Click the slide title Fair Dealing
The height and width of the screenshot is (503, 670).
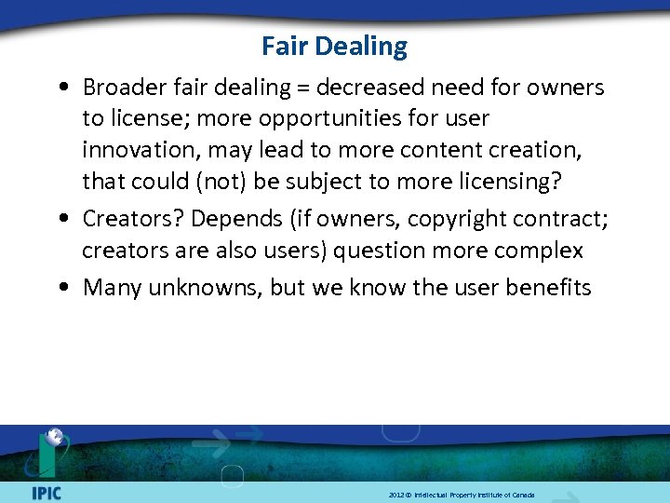[x=334, y=47]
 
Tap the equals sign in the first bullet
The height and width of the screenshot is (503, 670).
[x=303, y=88]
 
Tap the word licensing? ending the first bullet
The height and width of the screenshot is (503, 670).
[x=508, y=181]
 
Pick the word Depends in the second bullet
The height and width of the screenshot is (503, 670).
[x=224, y=219]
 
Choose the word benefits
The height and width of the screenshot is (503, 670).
[x=548, y=287]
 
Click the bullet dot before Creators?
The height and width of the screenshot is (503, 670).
[x=60, y=220]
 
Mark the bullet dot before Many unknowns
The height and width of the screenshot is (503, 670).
[x=60, y=288]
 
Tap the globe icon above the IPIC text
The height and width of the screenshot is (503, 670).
[x=55, y=439]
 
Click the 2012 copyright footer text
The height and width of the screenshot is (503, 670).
[x=462, y=495]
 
